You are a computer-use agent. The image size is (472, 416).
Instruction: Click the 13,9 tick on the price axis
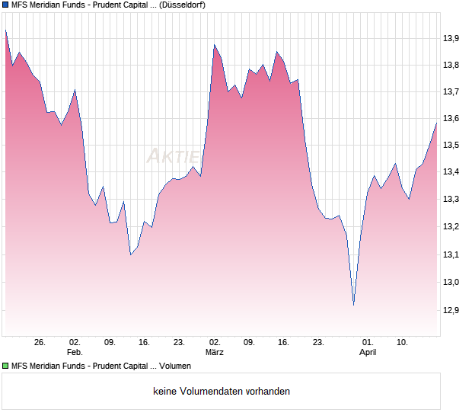[451, 38]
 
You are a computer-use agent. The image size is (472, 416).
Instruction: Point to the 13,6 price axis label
[451, 119]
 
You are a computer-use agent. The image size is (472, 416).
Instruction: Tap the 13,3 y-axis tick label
[451, 200]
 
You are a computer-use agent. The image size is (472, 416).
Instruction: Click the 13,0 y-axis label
[451, 283]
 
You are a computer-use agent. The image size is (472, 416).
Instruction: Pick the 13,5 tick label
[451, 146]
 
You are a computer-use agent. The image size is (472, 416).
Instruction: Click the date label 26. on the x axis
[40, 343]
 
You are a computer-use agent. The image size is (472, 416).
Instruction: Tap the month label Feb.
[74, 353]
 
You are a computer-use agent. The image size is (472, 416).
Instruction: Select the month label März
[215, 353]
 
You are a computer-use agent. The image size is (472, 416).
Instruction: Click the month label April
[368, 353]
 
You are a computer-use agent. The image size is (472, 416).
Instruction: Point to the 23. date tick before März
[179, 343]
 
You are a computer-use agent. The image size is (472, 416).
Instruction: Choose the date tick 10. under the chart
[403, 343]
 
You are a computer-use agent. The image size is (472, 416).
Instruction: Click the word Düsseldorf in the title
[183, 5]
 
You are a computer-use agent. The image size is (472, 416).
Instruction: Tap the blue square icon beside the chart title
[5, 5]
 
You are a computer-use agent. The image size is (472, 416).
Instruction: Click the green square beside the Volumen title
[5, 366]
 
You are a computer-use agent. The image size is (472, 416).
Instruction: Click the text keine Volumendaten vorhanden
[222, 392]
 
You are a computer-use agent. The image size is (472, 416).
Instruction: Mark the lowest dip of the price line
[353, 306]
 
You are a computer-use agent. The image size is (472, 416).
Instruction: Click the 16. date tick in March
[284, 343]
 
